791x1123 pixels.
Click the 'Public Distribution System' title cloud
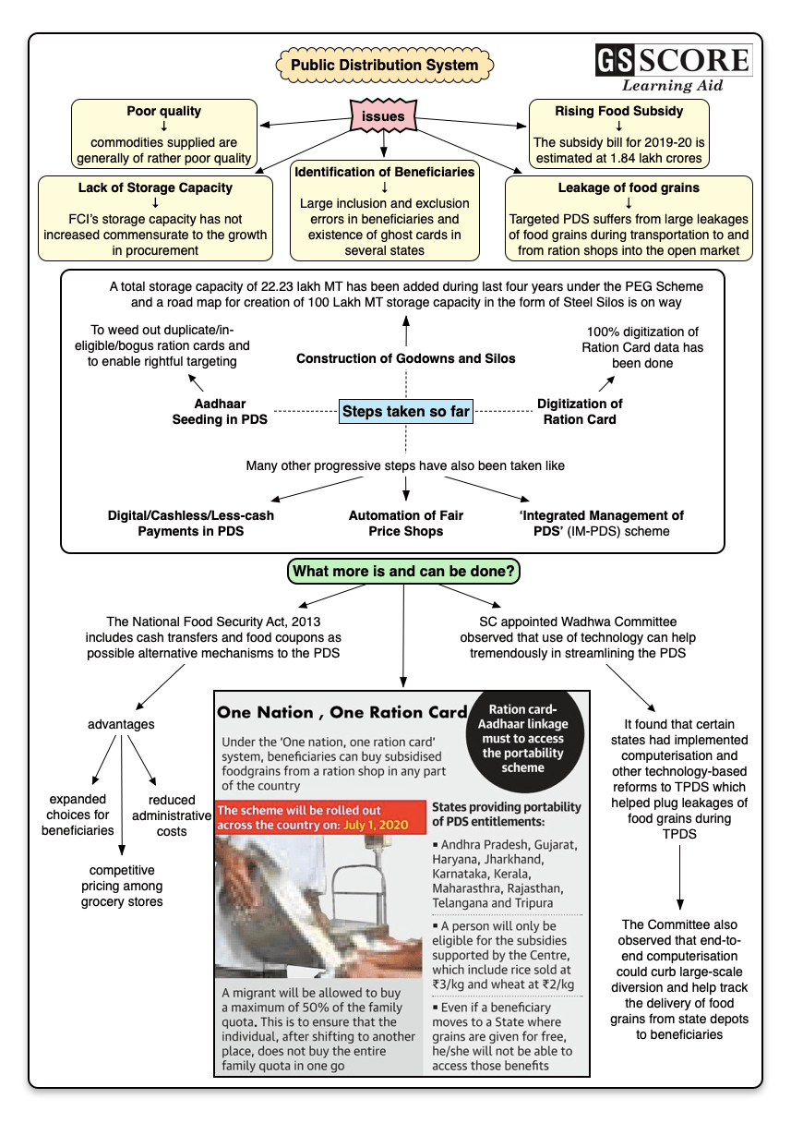[384, 66]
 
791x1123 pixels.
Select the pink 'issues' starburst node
[382, 117]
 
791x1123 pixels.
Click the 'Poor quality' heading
[164, 112]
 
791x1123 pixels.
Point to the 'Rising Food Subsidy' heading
[619, 112]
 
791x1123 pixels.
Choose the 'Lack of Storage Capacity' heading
[155, 187]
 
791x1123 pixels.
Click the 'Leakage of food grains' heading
[629, 187]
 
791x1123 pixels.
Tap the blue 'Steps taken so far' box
[405, 411]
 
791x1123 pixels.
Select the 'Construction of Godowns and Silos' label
[405, 357]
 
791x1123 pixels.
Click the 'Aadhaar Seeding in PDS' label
[219, 411]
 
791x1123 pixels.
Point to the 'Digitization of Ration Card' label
[580, 411]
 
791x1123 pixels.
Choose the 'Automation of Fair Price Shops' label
[405, 523]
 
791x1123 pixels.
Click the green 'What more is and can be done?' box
[404, 572]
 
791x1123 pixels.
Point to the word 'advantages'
[121, 724]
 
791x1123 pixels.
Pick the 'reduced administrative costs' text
[171, 815]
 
